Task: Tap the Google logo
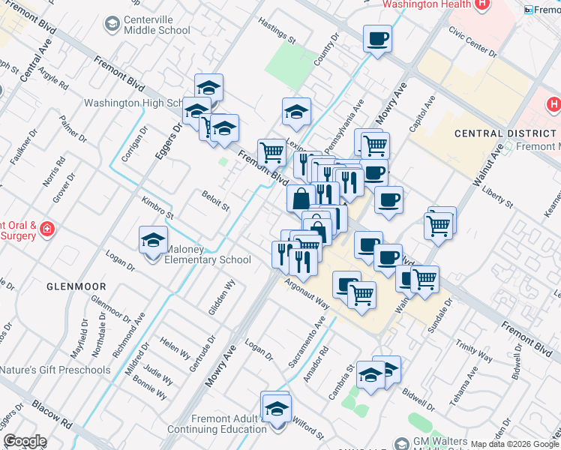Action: tap(25, 441)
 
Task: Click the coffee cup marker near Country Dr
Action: tap(377, 39)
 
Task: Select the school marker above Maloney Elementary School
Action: tap(153, 240)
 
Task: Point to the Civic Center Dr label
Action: tap(472, 42)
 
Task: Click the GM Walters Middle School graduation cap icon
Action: tap(402, 443)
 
